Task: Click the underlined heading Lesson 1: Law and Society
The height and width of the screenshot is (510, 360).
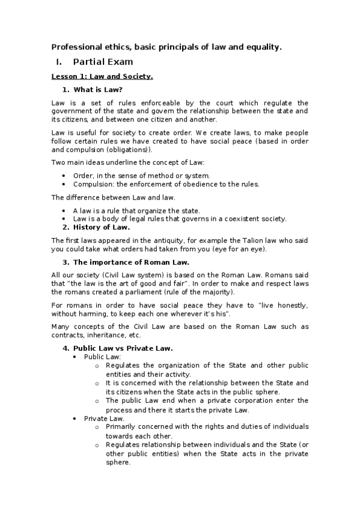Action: click(102, 76)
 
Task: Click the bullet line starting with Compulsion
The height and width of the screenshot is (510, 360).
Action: click(166, 184)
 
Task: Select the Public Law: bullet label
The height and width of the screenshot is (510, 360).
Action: click(102, 356)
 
